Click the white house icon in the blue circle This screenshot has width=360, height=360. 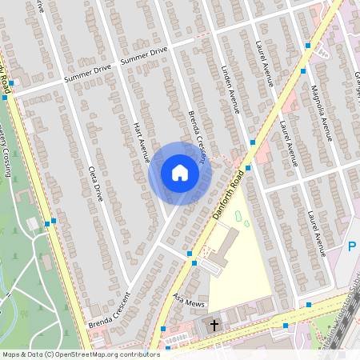coord(180,173)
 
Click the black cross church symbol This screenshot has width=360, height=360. coord(214,325)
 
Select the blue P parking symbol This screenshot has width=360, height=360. coord(353,247)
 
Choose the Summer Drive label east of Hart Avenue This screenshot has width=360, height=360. coord(144,55)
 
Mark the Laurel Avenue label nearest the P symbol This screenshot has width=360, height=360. coord(318,232)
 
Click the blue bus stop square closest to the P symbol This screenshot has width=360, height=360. coord(308,305)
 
